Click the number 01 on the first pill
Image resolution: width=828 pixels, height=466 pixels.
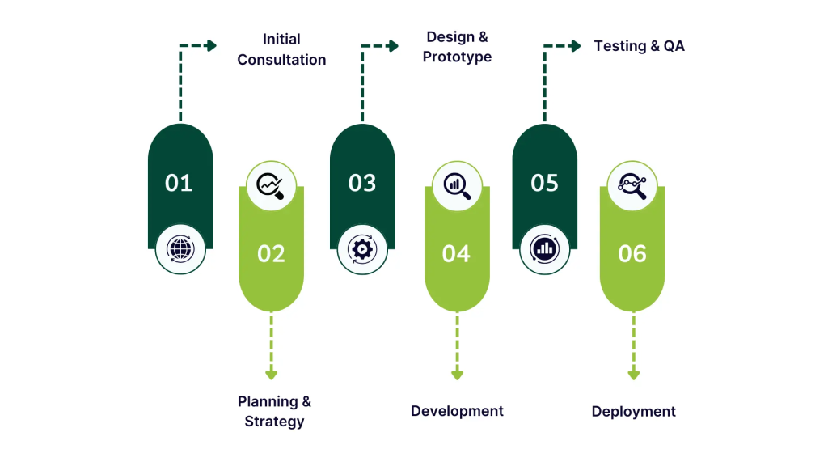[x=179, y=183]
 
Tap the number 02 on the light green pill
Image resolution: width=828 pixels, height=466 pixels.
[x=271, y=254]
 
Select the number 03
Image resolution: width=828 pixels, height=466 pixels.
[x=362, y=183]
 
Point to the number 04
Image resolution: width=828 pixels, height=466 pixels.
[x=456, y=254]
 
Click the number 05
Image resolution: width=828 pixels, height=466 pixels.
[x=544, y=183]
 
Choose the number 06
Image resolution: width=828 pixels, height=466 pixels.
[x=632, y=254]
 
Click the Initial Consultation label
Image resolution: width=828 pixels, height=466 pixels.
[x=281, y=49]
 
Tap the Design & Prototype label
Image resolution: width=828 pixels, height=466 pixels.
[x=457, y=47]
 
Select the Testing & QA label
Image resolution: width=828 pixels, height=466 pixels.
[x=639, y=46]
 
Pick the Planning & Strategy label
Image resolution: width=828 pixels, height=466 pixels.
[x=274, y=411]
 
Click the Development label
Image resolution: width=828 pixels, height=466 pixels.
[x=457, y=411]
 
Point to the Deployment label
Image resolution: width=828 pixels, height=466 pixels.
[x=633, y=411]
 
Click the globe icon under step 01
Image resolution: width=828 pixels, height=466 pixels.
[x=180, y=248]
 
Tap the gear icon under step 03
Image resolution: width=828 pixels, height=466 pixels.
[x=362, y=248]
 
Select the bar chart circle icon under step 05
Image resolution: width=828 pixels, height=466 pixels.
[x=544, y=248]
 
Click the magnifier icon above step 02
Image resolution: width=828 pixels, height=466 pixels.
[x=271, y=186]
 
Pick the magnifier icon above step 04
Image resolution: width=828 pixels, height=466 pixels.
[x=457, y=186]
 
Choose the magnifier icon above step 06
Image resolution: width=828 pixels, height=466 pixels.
[x=632, y=186]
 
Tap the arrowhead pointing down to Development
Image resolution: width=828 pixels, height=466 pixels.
[x=457, y=374]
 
